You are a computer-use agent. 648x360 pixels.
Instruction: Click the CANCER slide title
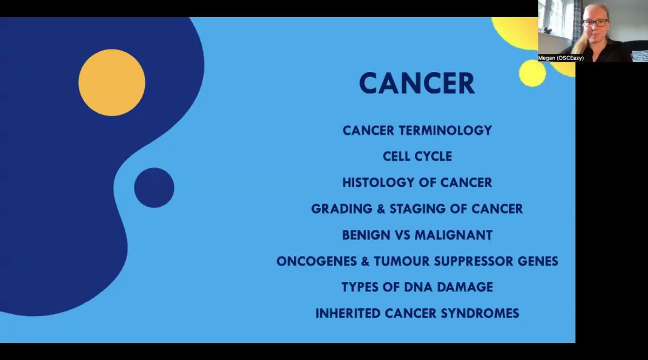(x=417, y=83)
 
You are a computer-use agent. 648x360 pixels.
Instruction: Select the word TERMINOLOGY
(x=446, y=131)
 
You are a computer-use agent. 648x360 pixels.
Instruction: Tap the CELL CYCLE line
(x=417, y=157)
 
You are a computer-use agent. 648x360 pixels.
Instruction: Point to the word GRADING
(x=342, y=209)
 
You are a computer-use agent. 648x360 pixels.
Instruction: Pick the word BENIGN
(x=366, y=235)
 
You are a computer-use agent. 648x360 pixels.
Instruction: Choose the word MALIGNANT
(x=454, y=235)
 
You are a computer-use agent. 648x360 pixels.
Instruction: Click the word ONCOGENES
(x=316, y=261)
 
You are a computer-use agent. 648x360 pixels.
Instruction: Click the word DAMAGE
(x=465, y=287)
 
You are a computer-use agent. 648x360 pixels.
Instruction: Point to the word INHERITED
(x=348, y=314)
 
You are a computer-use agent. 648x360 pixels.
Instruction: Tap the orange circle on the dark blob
(x=112, y=83)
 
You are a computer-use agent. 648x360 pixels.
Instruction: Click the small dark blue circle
(x=154, y=188)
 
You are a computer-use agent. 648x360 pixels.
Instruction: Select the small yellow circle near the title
(x=532, y=73)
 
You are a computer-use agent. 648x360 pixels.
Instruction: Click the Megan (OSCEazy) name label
(x=561, y=58)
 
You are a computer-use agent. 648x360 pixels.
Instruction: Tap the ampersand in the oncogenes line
(x=365, y=261)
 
